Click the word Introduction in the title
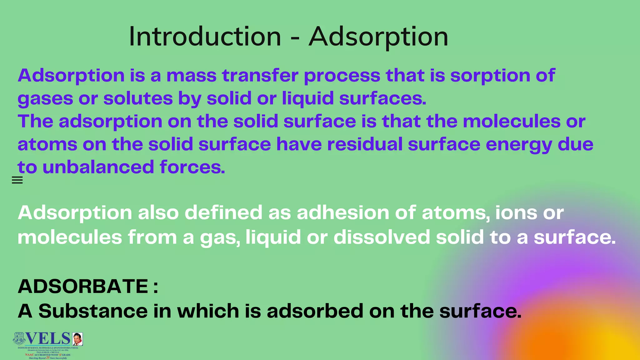[205, 37]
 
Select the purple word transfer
[260, 76]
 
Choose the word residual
[364, 144]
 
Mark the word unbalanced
[98, 167]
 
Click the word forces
[192, 167]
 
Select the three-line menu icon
[17, 180]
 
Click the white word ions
[516, 213]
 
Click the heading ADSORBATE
[83, 286]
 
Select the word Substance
[93, 311]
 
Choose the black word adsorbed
[315, 311]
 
